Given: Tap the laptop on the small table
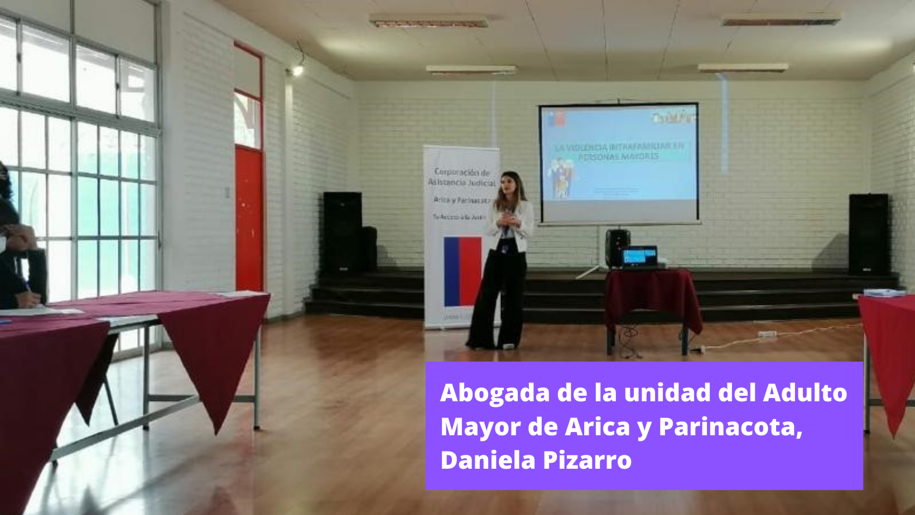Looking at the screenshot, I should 640,257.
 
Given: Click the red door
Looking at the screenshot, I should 249,217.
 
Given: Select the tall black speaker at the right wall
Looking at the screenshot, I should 868,234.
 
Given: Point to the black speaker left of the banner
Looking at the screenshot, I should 343,231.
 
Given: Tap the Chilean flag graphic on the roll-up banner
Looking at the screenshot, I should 463,271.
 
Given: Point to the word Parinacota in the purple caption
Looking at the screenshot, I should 730,427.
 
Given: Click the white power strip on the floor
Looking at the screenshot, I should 767,334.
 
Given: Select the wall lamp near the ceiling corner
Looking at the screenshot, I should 297,70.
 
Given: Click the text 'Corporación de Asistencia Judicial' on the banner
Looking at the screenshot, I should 462,177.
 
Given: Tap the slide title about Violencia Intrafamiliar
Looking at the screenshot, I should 619,151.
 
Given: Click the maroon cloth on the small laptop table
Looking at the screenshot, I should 653,295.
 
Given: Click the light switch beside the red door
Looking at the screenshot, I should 227,193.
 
